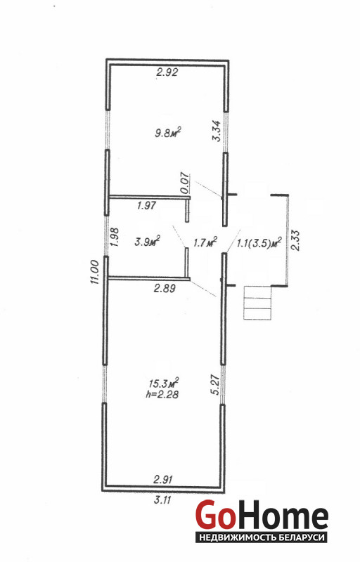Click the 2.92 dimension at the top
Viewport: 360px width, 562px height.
(x=167, y=73)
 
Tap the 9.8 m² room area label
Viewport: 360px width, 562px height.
(x=167, y=133)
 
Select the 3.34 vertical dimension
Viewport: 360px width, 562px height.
(x=217, y=131)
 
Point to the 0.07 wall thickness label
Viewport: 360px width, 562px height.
(x=184, y=183)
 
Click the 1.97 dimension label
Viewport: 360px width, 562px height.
(x=147, y=205)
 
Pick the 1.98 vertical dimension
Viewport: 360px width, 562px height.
(x=115, y=237)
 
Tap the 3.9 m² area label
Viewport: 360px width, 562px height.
(x=147, y=242)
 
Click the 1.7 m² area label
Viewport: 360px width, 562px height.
(x=205, y=242)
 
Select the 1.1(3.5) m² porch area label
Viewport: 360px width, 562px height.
(x=259, y=243)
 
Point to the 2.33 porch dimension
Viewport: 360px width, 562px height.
(x=295, y=240)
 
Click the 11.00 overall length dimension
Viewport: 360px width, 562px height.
(x=95, y=272)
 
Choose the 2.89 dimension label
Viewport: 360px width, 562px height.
(x=165, y=288)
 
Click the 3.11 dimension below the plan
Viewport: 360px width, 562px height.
(x=162, y=500)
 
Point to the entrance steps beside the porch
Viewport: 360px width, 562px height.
(x=257, y=303)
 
